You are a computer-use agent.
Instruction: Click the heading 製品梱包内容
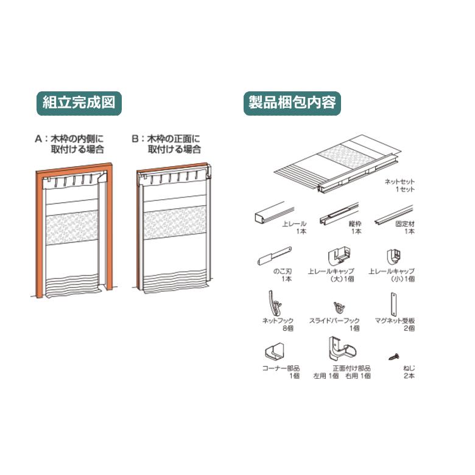click(x=292, y=102)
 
